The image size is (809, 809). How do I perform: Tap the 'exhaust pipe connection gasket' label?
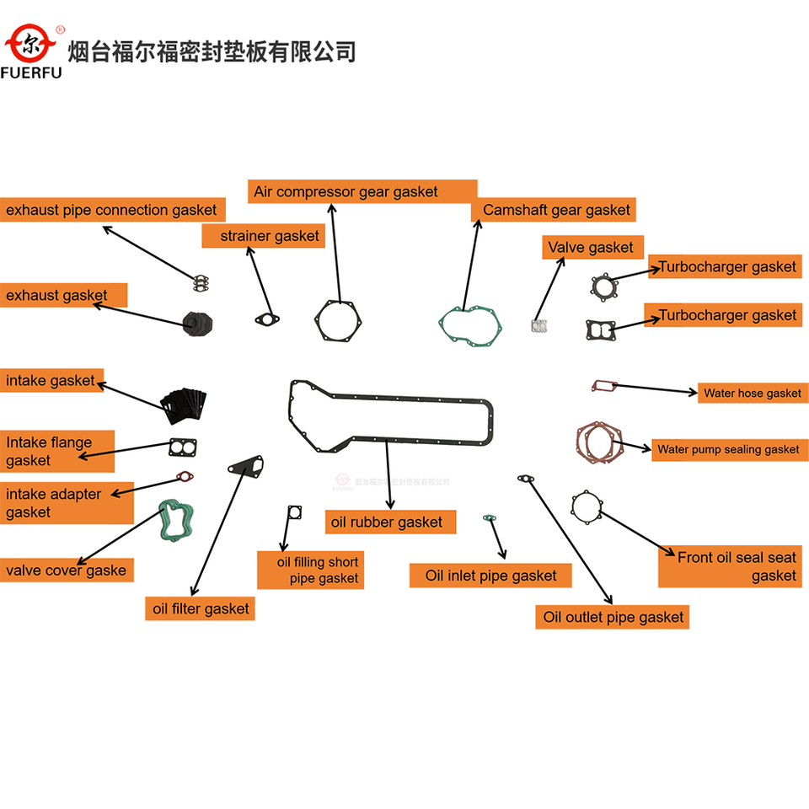coord(111,210)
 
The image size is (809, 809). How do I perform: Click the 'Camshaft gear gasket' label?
coord(556,210)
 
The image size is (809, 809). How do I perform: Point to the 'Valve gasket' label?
coord(591,247)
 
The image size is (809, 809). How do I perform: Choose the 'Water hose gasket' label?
coord(752,393)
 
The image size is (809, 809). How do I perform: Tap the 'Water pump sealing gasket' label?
coord(728,449)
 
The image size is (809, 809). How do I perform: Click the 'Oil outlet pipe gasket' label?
coord(613,617)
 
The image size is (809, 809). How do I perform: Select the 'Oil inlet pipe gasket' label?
coord(490,576)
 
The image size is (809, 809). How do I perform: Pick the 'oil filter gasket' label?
coord(201,608)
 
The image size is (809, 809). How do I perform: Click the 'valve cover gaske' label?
coord(66,571)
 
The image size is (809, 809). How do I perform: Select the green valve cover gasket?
coord(178,522)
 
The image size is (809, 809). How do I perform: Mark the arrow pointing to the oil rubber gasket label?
coord(388,473)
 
